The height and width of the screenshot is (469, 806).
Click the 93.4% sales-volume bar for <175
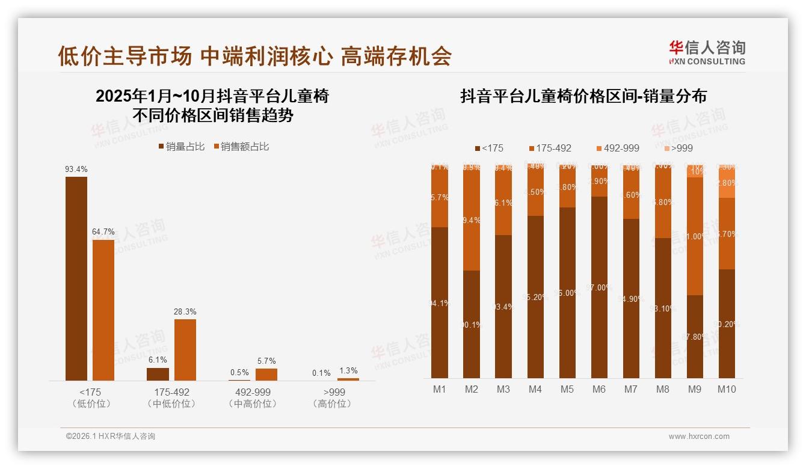[76, 278]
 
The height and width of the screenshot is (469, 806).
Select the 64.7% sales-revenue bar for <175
[103, 310]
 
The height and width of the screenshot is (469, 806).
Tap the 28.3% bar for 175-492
[185, 349]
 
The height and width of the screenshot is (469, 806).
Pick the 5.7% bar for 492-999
[266, 374]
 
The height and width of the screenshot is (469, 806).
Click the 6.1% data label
[158, 360]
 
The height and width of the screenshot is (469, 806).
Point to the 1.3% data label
[348, 370]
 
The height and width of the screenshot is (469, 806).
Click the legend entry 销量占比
[182, 147]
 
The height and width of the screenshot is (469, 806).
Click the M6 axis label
[598, 389]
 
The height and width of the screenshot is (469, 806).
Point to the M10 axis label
[727, 389]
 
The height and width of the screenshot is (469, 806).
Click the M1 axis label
[440, 389]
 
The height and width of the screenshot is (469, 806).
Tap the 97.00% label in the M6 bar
[599, 287]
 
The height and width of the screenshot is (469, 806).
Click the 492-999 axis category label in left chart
[253, 392]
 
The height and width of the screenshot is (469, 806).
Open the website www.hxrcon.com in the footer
[699, 437]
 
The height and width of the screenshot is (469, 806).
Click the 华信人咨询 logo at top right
[707, 52]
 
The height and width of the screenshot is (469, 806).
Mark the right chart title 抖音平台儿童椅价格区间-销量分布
[583, 96]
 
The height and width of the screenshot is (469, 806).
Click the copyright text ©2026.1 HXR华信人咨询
[111, 437]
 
